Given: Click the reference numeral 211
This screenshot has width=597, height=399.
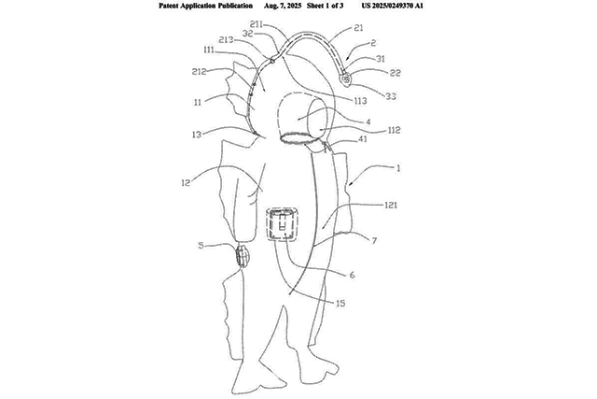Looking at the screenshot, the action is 257,24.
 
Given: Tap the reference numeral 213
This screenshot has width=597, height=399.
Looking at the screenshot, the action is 226,39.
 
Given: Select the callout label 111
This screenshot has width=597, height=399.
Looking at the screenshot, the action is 209,50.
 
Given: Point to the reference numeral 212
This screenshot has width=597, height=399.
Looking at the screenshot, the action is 199,71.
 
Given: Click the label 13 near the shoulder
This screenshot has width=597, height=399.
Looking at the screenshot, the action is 197,135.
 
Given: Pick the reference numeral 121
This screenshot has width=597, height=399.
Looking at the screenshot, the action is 390,206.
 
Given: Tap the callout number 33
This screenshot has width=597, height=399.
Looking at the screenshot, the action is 391,96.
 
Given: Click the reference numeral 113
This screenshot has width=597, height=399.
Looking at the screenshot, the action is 360,101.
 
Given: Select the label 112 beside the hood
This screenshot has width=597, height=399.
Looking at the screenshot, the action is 394,130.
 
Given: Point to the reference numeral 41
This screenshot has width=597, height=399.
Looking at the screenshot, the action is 363,139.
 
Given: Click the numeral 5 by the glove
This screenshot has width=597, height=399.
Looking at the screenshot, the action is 201,245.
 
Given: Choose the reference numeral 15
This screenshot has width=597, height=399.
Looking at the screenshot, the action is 340,304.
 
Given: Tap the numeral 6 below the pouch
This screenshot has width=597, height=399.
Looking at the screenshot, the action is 352,275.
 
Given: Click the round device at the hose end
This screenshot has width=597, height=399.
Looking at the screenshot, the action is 346,79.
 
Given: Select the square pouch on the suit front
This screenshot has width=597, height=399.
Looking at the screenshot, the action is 282,224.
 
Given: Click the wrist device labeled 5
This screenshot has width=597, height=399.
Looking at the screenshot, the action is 242,256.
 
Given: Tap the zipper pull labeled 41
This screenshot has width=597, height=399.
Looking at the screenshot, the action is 326,148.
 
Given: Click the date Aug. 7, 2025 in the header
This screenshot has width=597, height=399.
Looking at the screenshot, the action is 283,6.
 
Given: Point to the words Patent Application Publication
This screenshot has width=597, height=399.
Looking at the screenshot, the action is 205,6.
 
